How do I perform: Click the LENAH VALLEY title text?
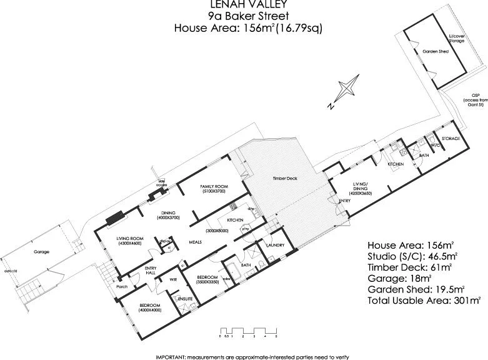[244, 5]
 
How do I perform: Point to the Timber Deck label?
[285, 178]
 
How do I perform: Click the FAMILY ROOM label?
[213, 187]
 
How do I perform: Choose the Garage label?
[41, 252]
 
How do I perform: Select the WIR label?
[174, 279]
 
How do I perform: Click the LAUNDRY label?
[276, 245]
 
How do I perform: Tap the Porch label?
[122, 287]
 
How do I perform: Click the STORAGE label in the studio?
[451, 138]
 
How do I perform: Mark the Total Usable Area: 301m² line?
[424, 300]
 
